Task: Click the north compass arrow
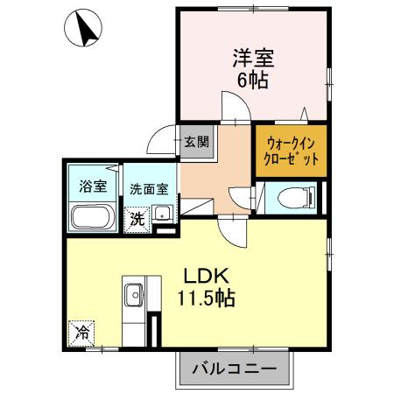(x=85, y=29)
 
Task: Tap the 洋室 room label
(x=253, y=59)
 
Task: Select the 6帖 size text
(x=253, y=81)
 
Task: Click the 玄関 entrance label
(x=197, y=142)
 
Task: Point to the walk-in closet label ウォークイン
(x=291, y=144)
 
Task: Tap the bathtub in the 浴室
(x=93, y=217)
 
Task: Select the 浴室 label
(x=93, y=186)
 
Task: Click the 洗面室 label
(x=149, y=189)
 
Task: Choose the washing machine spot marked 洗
(x=137, y=220)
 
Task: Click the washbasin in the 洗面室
(x=162, y=213)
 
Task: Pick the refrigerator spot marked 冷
(x=81, y=334)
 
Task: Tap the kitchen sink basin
(x=134, y=295)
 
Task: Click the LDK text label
(x=206, y=277)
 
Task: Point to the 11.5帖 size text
(x=207, y=299)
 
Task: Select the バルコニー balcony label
(x=235, y=369)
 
